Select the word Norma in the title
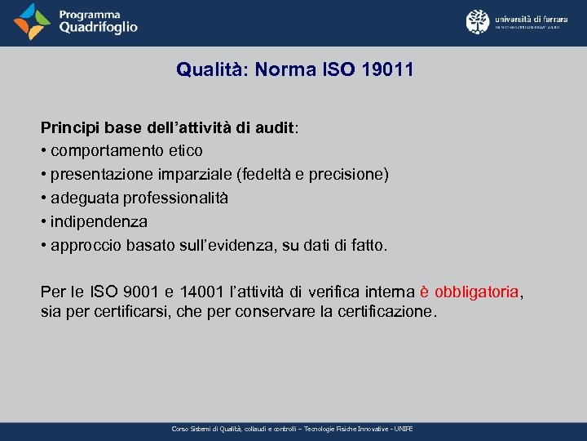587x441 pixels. pos(280,70)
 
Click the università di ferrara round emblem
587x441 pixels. pos(478,21)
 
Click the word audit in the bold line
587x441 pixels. pos(274,128)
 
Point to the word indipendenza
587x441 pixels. pos(99,221)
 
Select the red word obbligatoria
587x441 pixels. pos(477,292)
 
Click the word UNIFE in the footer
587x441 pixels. pos(404,429)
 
